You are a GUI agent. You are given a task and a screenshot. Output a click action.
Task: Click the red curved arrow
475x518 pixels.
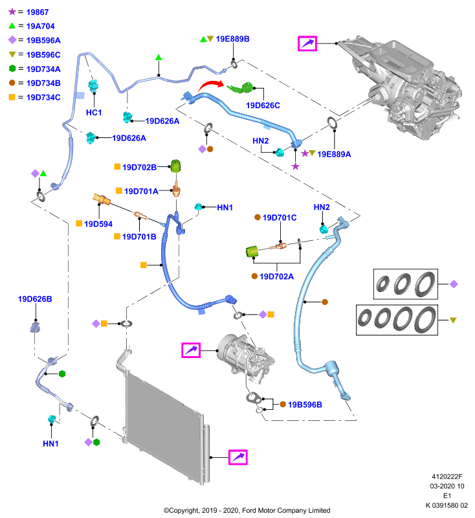coord(210,85)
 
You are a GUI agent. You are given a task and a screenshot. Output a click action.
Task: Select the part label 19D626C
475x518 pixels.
coord(263,106)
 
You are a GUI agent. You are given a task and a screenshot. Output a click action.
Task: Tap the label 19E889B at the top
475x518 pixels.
coord(232,39)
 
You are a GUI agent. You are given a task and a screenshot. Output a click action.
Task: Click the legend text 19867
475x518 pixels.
coord(38,12)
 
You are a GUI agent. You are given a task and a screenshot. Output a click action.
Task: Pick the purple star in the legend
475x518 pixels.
coord(12,12)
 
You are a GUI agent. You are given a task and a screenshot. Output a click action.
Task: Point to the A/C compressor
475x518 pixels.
coord(246,358)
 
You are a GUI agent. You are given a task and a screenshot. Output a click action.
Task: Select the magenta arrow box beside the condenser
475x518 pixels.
coord(238,457)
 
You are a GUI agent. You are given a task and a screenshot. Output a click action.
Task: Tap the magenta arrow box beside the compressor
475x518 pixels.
coord(191,350)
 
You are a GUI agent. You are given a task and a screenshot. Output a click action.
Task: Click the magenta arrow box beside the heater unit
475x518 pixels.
coord(307,43)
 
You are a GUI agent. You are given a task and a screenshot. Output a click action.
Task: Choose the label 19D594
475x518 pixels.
coord(98,224)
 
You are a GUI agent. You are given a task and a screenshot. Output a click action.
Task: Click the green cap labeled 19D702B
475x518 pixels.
coord(176,166)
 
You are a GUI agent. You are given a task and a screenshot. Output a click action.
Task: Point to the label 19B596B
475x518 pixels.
coord(305,405)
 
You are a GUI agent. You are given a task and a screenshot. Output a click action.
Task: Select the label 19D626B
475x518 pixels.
coord(35,299)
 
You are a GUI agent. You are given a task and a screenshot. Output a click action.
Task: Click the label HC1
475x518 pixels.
coord(94,113)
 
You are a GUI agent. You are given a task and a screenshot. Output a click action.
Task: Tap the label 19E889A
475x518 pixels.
coord(334,154)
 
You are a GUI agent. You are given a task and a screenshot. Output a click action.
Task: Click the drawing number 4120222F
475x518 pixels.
coord(447,477)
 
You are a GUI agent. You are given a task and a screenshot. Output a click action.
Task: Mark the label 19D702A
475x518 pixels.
coord(276,276)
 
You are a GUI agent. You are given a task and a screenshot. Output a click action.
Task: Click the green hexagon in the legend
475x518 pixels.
coord(12,69)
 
